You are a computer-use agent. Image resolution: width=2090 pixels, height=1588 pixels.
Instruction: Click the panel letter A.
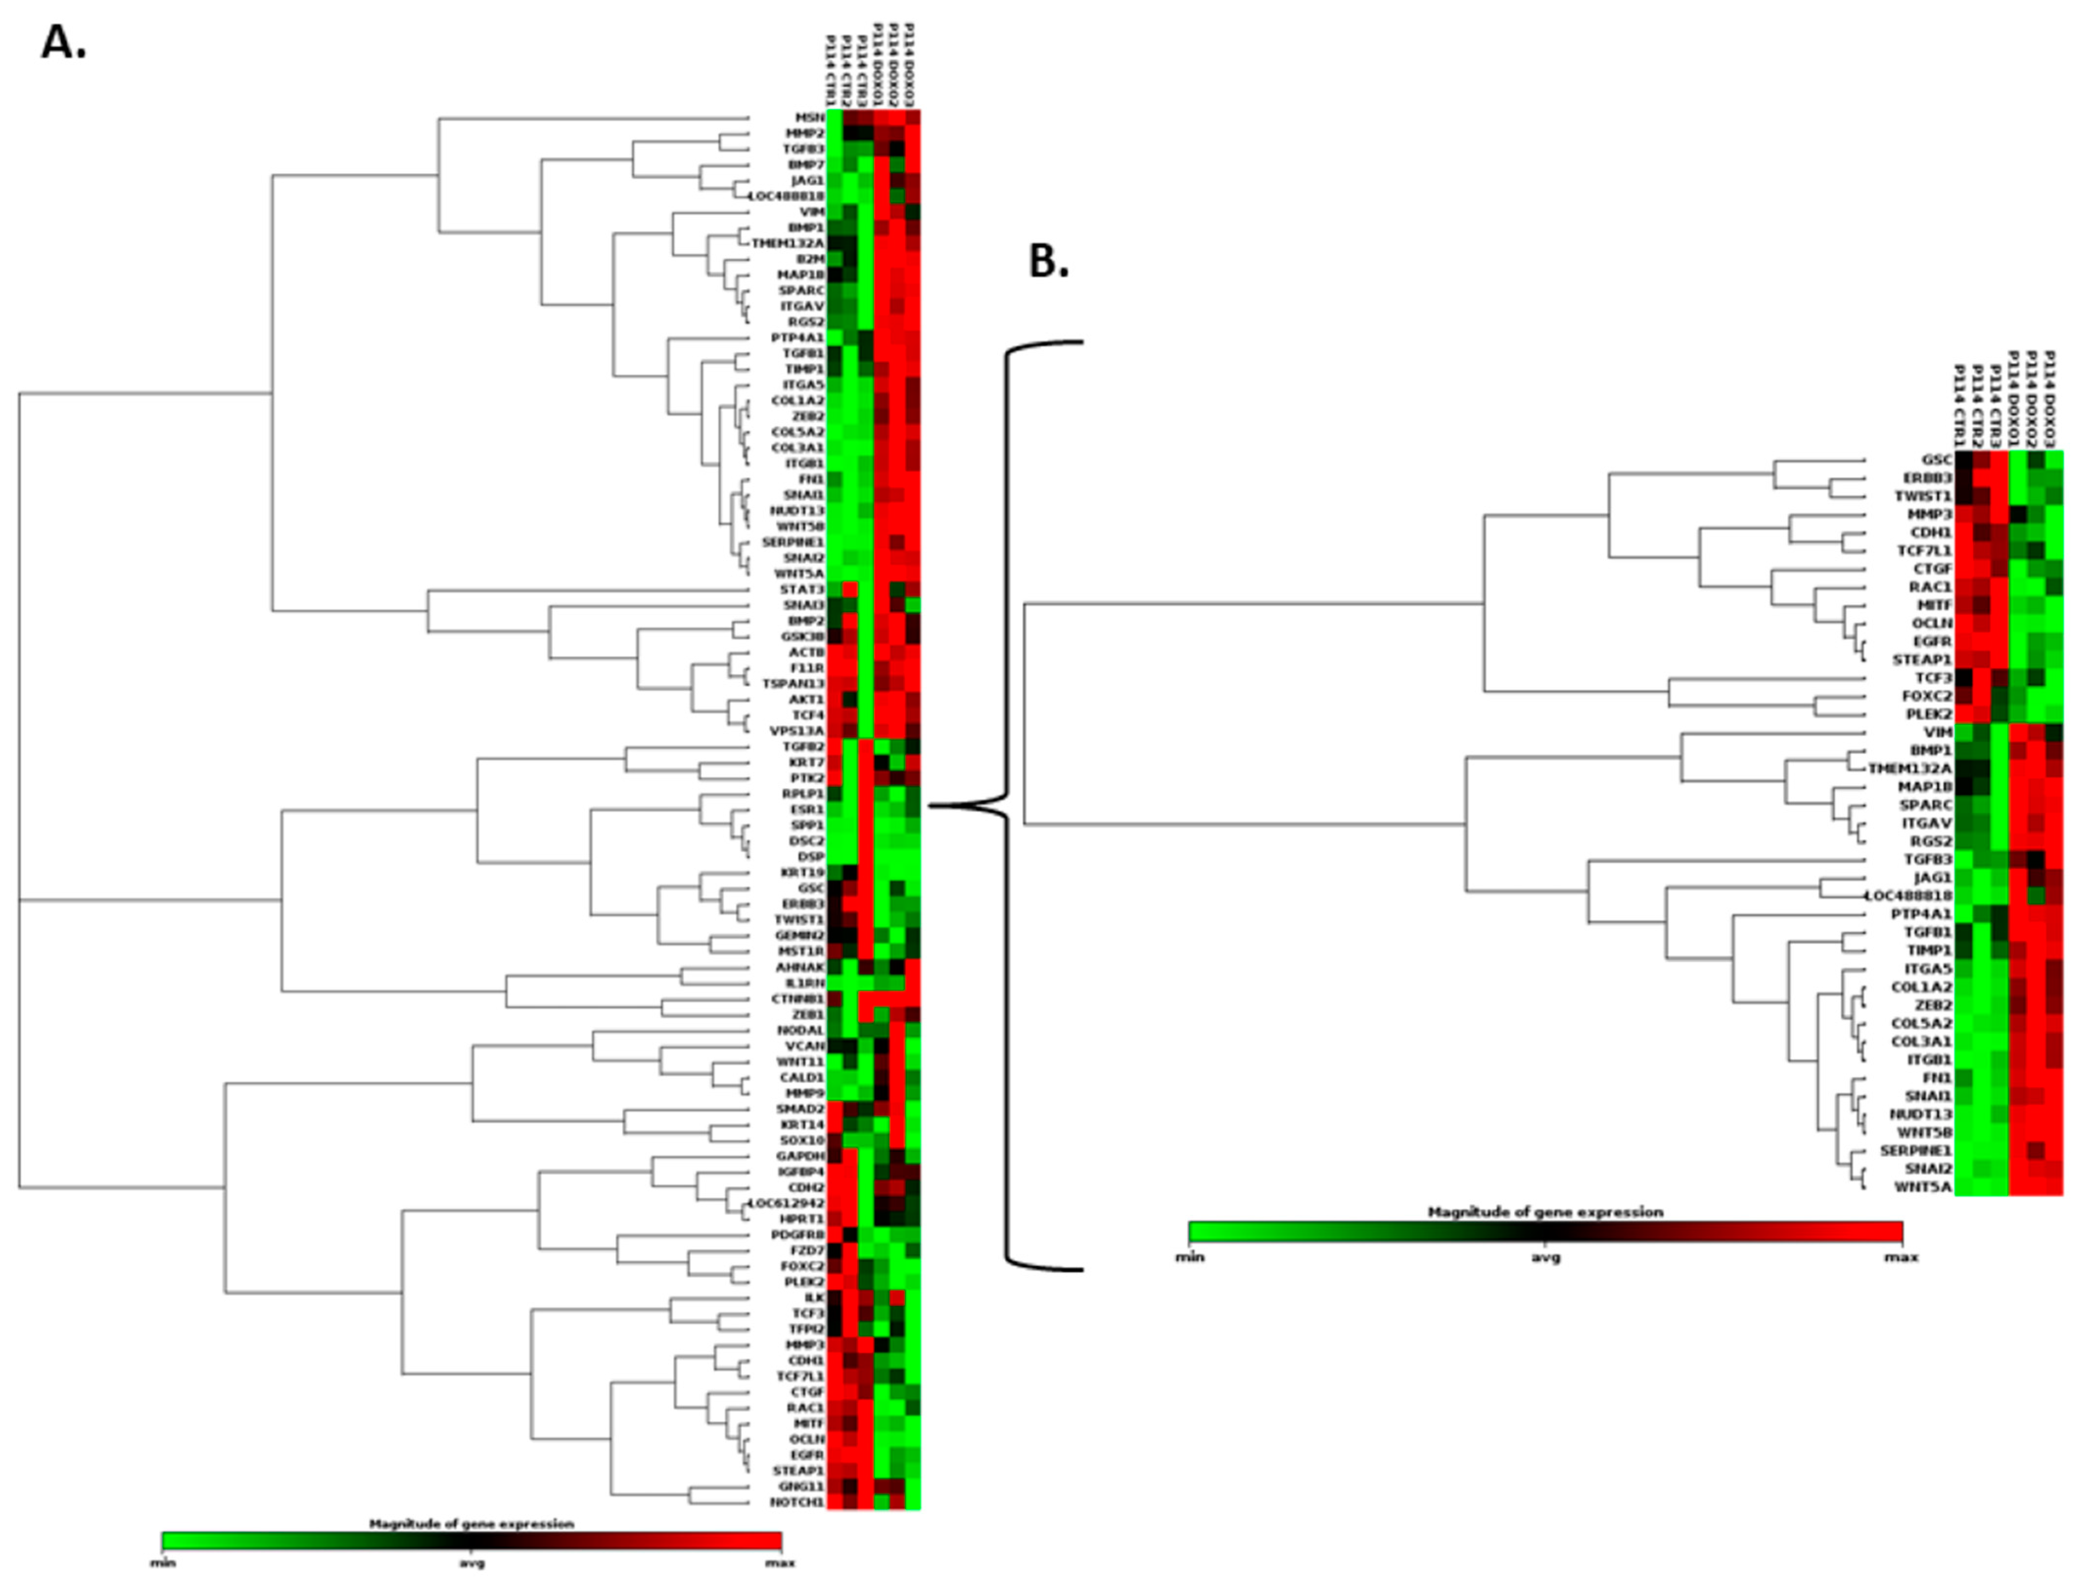(63, 43)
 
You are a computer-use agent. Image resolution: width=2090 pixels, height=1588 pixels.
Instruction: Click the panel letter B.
(1048, 262)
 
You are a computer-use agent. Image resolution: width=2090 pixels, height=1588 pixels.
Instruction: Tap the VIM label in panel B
(1938, 732)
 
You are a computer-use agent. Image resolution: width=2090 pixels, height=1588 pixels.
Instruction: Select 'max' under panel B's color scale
(1901, 1257)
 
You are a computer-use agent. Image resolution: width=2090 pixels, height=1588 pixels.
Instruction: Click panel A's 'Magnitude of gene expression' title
(471, 1524)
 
